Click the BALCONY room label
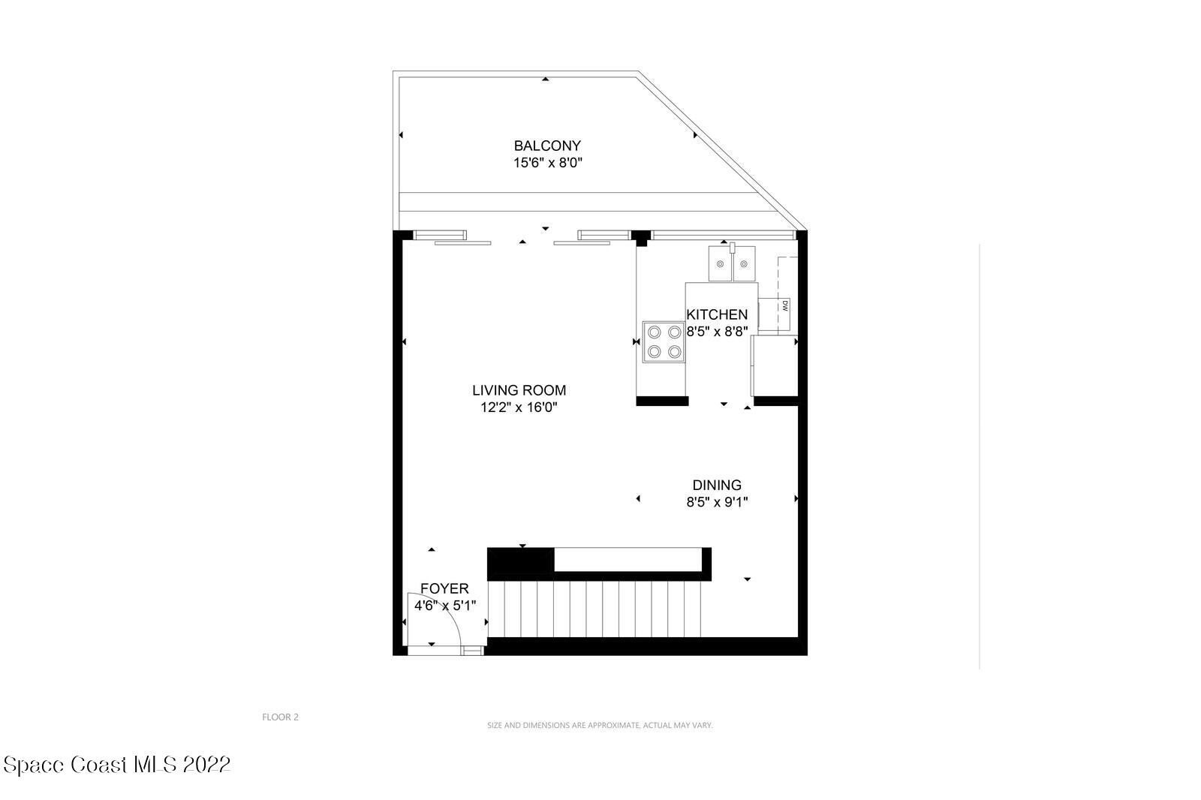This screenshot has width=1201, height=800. click(547, 146)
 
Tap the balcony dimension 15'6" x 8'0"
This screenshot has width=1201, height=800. click(547, 163)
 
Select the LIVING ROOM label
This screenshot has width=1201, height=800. click(519, 390)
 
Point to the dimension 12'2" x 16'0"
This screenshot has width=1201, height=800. click(519, 408)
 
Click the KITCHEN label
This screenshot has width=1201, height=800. click(717, 314)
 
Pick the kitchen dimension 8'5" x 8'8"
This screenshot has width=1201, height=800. click(717, 331)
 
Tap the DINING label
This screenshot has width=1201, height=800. click(717, 486)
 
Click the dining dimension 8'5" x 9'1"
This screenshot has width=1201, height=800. click(717, 502)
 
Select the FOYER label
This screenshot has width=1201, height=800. click(444, 589)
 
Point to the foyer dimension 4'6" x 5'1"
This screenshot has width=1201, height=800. click(444, 605)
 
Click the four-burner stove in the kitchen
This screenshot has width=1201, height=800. click(664, 341)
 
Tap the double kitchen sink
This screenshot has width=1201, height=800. click(732, 264)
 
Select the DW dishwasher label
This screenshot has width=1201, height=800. click(785, 305)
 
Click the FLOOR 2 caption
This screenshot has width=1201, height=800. click(280, 717)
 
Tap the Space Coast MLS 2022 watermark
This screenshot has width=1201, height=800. click(117, 765)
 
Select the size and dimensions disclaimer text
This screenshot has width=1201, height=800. click(600, 725)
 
